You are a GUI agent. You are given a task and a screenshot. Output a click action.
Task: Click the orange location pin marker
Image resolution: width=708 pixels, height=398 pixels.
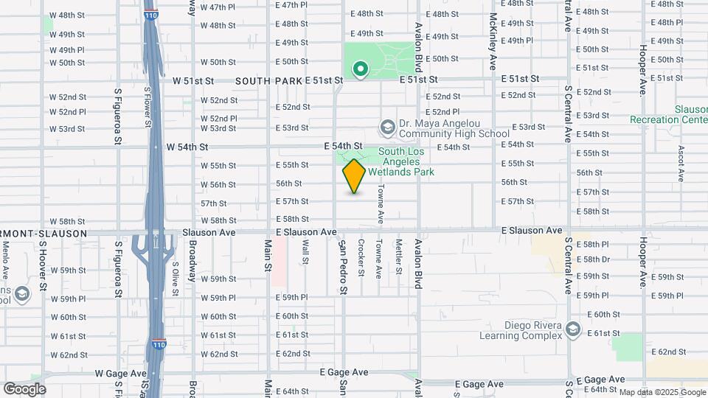(354, 176)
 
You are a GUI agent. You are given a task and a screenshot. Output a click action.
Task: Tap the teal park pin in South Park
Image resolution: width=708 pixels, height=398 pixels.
(361, 69)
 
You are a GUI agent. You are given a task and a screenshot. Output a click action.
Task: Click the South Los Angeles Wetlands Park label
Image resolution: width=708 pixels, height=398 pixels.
(406, 162)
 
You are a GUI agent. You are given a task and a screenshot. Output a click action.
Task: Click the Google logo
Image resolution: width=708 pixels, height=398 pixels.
(24, 389)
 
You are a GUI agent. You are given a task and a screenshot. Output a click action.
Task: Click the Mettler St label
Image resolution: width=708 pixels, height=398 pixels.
(398, 256)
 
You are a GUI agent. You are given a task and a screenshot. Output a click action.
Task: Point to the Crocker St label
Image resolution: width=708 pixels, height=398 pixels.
(361, 257)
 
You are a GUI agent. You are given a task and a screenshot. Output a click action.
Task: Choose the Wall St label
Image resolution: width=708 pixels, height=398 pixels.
(305, 251)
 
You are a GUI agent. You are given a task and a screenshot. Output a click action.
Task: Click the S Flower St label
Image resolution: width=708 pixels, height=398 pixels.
(147, 106)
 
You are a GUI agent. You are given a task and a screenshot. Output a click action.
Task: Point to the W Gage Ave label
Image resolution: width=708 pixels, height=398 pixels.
(121, 374)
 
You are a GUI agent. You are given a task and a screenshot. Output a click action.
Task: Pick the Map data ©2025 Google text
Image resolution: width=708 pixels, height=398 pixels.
(662, 392)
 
